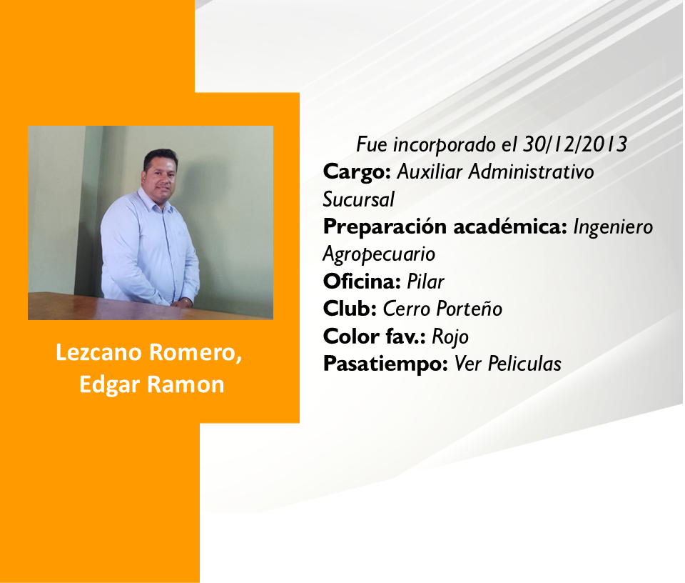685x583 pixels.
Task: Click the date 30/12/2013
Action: pos(575,144)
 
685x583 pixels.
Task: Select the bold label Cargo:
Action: pos(357,172)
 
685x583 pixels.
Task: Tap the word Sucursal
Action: pos(359,199)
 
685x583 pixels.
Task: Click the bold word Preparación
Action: pos(385,227)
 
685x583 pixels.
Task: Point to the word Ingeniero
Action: pos(613,227)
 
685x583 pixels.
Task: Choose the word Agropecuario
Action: pos(379,254)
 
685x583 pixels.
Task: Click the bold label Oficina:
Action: pos(362,281)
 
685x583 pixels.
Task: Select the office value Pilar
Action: pos(425,281)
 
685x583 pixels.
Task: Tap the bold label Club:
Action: pos(350,309)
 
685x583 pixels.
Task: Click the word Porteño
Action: pos(470,309)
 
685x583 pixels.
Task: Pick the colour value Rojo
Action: pos(450,337)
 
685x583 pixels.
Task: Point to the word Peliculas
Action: pos(524,364)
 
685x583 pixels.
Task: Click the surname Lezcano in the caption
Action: pos(98,352)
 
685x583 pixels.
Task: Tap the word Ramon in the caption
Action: pos(186,385)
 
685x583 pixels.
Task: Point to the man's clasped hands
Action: pos(181,302)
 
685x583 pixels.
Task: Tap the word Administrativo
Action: pos(531,172)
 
